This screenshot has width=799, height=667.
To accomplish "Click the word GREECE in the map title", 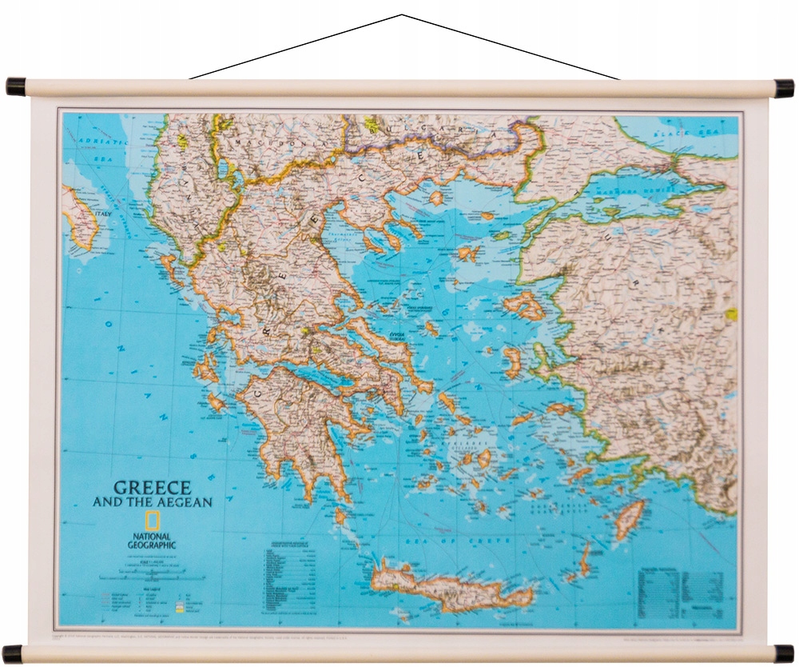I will [x=152, y=487].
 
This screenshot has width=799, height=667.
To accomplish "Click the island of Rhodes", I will [x=630, y=518].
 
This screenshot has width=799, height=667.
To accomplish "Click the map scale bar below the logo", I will [x=152, y=575].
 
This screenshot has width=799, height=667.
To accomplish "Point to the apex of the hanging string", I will [x=402, y=14].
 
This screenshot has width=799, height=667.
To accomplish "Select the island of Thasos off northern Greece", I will [x=437, y=197].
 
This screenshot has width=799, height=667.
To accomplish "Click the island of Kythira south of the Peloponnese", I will [x=342, y=517].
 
